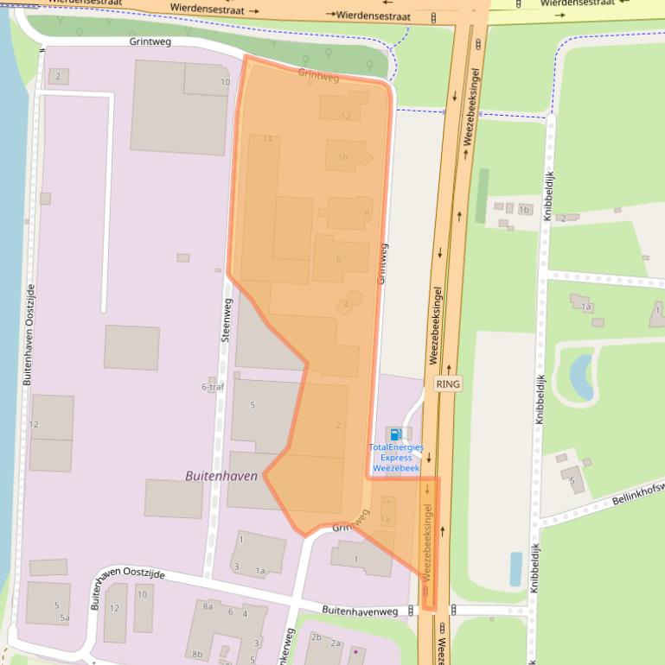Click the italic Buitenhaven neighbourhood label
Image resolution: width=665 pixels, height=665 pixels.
coord(221,476)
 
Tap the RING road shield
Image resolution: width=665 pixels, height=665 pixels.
coord(448,383)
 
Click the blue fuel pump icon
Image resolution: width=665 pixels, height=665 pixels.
coord(394,434)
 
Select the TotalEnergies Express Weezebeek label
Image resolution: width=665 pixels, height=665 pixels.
coord(395,458)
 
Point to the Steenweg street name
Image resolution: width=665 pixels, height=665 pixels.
coord(227,320)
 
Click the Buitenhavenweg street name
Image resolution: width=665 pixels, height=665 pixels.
coord(360,611)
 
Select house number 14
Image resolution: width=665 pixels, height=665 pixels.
coord(267,139)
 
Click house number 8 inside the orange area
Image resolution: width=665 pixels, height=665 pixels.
coord(367,212)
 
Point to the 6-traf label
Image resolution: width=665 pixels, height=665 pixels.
coord(213,387)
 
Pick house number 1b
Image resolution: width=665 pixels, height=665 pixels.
coord(523,209)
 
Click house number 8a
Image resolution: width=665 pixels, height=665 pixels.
coord(208,607)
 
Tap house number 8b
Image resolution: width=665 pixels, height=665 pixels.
coord(197,655)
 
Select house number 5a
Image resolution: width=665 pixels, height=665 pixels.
coord(64,617)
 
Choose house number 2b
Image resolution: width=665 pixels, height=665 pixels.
coord(317,637)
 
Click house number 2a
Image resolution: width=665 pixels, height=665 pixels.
coord(336,643)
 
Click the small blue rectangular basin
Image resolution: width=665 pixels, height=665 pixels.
coord(516,569)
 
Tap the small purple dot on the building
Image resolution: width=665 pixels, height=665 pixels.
coord(353,649)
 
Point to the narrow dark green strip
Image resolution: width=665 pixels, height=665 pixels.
coord(482,195)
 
